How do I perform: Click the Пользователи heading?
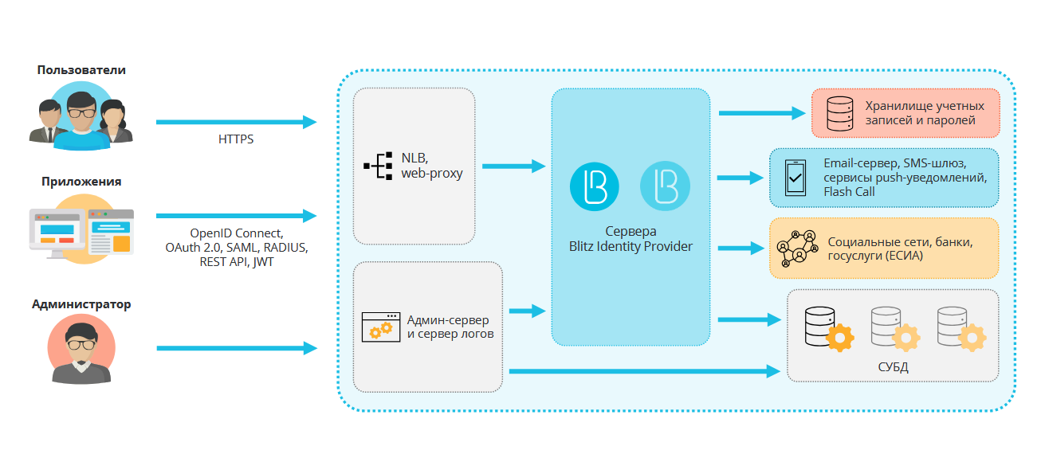click(x=81, y=70)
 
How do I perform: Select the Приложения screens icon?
click(x=81, y=230)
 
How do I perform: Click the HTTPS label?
click(x=236, y=139)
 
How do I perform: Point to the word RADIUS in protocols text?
click(x=282, y=248)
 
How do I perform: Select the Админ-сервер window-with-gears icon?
click(x=378, y=327)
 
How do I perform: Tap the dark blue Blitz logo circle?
click(x=595, y=186)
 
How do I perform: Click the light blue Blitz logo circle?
click(x=666, y=186)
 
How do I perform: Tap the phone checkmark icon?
click(x=796, y=178)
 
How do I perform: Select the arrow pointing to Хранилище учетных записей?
click(x=762, y=113)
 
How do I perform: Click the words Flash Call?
click(x=850, y=191)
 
